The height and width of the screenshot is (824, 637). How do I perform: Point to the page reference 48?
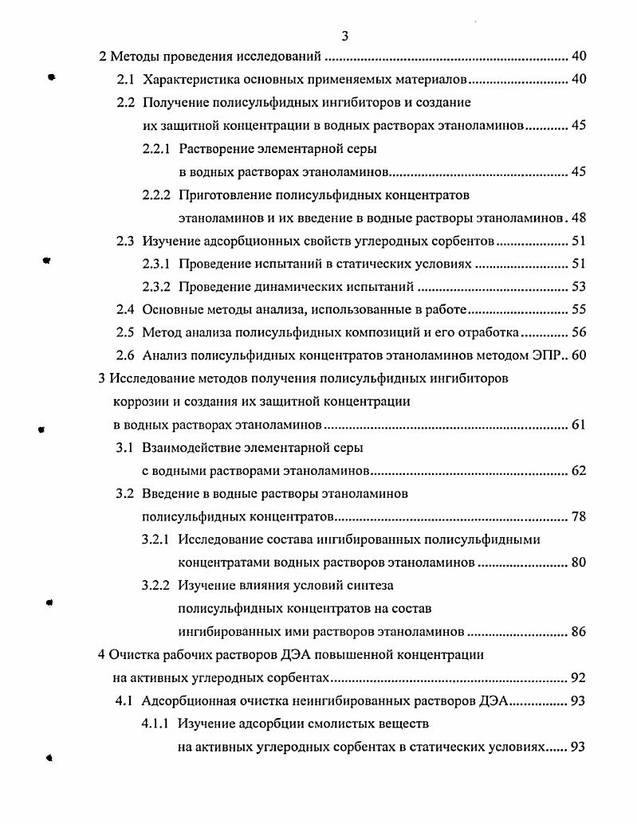(579, 218)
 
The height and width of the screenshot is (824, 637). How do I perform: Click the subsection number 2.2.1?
(155, 148)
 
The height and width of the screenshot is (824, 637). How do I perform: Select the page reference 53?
(579, 287)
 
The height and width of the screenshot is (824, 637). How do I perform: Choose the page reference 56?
(579, 333)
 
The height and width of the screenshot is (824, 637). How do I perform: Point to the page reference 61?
(579, 425)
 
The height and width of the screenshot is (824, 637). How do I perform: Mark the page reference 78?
(579, 517)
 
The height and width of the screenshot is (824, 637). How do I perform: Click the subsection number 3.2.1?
(155, 540)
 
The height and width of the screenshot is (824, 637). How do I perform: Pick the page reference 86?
(579, 632)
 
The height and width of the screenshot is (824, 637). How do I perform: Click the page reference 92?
(579, 678)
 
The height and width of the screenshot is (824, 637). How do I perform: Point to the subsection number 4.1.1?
(155, 724)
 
